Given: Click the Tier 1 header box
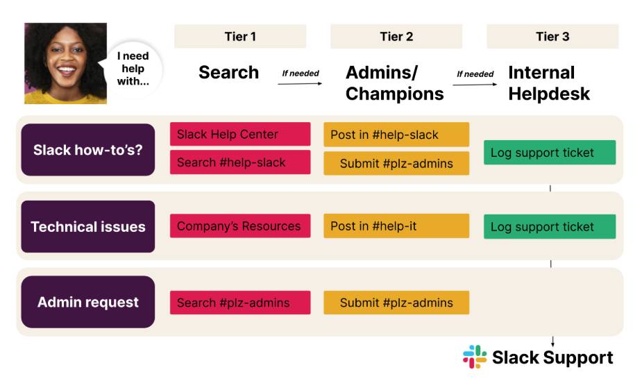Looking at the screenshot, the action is point(240,36).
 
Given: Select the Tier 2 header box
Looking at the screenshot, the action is point(396,36).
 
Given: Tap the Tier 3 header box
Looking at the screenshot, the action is point(552,36).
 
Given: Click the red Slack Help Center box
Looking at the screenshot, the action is point(240,134).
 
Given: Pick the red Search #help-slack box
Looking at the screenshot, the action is point(240,162).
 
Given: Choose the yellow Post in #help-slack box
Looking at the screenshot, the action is point(396,135).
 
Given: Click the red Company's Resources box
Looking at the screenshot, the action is point(240,226).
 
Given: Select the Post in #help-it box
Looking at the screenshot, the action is point(396,226).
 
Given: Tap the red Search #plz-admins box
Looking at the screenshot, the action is point(240,303).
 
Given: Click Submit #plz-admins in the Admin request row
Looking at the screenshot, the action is point(396,303).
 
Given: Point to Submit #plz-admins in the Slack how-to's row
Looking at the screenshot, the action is point(396,163).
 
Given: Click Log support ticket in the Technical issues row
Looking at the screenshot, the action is point(550,227).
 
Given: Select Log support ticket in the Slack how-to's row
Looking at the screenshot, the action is point(550,153).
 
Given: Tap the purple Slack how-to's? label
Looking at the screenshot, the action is point(88,150).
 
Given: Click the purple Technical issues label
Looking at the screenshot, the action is point(88,226).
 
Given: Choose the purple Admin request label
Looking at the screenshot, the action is point(88,302).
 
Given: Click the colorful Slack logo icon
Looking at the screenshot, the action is point(475,357).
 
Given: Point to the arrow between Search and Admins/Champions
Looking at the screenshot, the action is point(300,83).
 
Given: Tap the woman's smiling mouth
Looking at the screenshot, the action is point(67,70).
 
